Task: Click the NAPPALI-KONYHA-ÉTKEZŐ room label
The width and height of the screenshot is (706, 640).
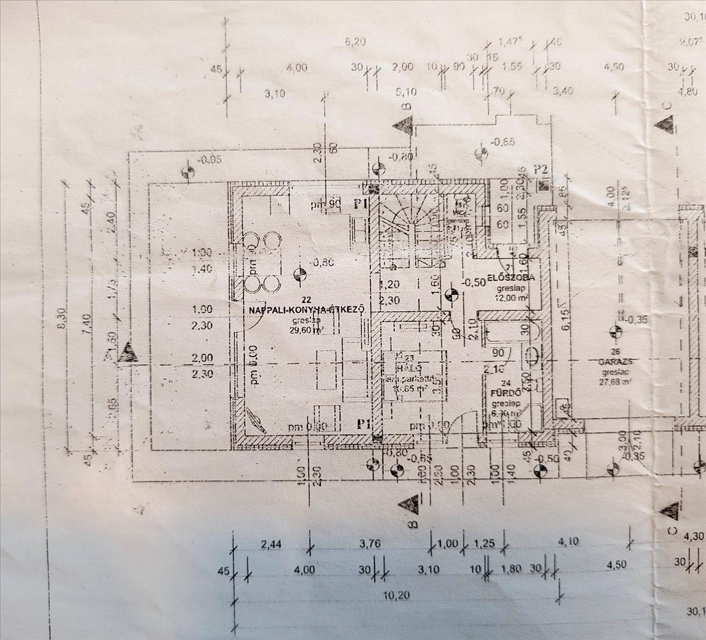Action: (307, 309)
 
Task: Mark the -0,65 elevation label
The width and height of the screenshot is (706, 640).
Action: (502, 141)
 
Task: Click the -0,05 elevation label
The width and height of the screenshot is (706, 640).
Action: (209, 160)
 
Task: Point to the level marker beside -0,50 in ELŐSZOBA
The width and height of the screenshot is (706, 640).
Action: (451, 295)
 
